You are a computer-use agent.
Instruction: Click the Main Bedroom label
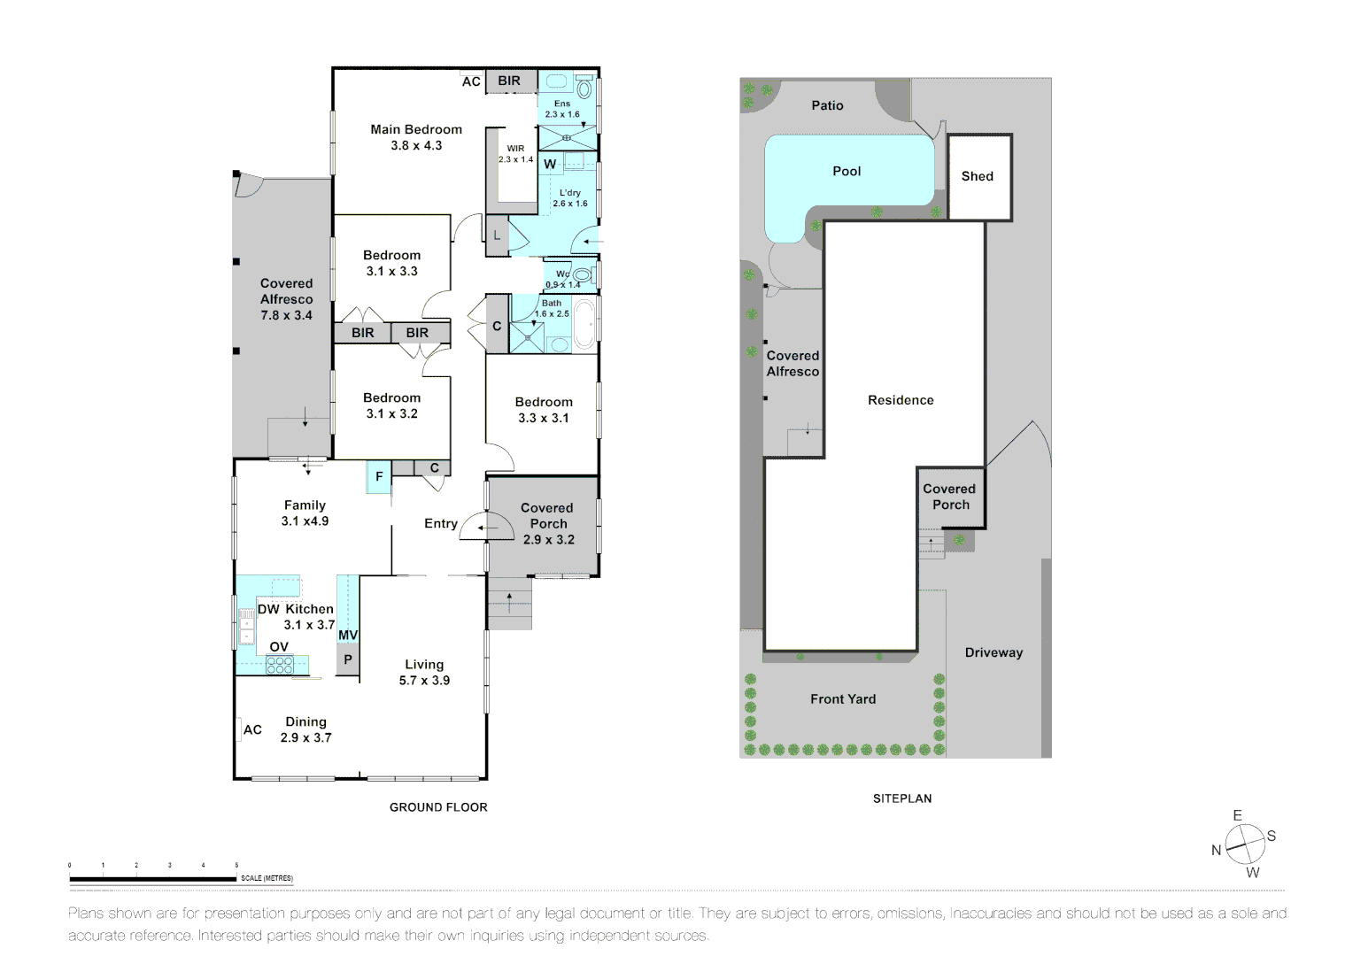(416, 129)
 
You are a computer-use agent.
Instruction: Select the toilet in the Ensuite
(584, 89)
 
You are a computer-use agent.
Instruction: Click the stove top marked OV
(280, 665)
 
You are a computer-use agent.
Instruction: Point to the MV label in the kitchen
(348, 636)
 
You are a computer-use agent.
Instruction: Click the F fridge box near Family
(379, 476)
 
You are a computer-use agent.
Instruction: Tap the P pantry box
(348, 659)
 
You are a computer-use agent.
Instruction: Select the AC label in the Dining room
(252, 729)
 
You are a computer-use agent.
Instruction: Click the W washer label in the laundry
(550, 164)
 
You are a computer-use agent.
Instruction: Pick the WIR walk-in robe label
(515, 149)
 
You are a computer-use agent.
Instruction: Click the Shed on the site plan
(978, 176)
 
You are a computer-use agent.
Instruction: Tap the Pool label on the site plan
(847, 171)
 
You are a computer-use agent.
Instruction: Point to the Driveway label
(993, 652)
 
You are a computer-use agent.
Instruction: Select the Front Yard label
(843, 698)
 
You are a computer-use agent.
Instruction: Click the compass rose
(1244, 844)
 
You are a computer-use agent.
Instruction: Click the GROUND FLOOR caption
(438, 807)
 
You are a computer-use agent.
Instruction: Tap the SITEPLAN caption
(902, 798)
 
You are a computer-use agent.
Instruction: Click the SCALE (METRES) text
(267, 878)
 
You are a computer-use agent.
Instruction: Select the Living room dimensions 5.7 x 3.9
(424, 680)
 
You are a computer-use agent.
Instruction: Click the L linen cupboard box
(497, 235)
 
